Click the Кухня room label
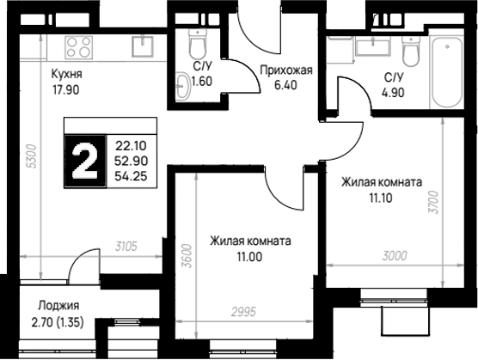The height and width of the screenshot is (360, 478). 66,74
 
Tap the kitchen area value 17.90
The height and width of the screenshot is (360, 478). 66,90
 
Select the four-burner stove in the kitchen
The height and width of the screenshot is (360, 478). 78,47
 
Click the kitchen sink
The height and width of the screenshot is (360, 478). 143,46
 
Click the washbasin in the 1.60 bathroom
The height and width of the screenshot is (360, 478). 182,86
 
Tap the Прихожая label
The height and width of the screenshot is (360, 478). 286,70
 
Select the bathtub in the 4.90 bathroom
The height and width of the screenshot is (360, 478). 446,72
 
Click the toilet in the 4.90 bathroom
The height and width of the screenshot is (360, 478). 410,51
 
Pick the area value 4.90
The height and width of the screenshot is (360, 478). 393,92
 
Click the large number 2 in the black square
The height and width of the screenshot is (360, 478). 85,161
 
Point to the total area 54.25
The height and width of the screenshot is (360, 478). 131,176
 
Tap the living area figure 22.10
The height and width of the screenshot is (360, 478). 131,146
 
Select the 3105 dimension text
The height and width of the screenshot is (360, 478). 126,246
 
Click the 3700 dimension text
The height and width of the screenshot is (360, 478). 433,202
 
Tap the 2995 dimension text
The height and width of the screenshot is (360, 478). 243,312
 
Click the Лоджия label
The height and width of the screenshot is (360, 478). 58,305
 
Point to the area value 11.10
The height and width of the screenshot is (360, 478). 381,198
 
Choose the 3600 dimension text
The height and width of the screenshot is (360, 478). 187,256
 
